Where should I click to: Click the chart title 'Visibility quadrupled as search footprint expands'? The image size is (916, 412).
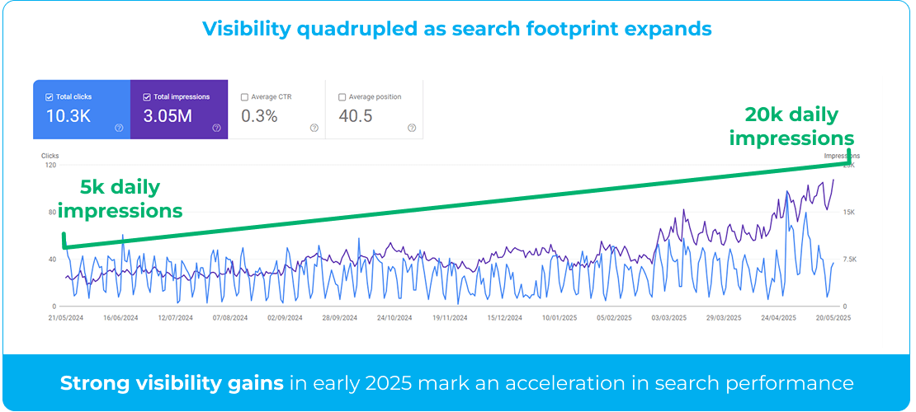(x=457, y=29)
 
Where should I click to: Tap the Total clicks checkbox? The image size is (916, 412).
(x=50, y=97)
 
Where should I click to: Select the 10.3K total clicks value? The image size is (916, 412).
(x=68, y=116)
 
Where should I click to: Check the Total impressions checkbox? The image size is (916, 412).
(x=147, y=97)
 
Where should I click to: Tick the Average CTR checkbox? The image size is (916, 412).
(x=244, y=97)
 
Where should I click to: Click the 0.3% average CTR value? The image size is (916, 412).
(x=259, y=116)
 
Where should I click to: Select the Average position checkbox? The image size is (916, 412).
(x=342, y=97)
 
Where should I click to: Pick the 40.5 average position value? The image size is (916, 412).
(x=356, y=116)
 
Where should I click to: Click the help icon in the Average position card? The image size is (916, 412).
(x=412, y=128)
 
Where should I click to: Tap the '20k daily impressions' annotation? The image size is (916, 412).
(x=791, y=126)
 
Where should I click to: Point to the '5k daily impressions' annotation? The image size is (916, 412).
(x=120, y=199)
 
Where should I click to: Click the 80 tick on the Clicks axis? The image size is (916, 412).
(x=51, y=213)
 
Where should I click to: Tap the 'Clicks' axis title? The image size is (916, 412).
(x=50, y=155)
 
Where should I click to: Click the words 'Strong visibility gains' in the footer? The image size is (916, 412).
(x=171, y=383)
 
